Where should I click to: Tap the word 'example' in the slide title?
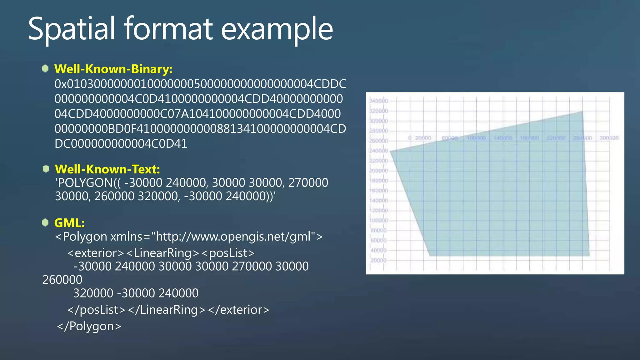(277, 29)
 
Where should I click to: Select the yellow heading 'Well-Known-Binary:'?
(113, 69)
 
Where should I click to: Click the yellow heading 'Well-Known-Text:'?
(107, 169)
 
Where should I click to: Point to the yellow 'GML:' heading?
(69, 223)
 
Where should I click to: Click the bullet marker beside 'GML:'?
(45, 222)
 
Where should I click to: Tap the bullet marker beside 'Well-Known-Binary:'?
(45, 68)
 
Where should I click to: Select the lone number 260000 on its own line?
(62, 280)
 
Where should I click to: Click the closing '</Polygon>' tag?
(89, 326)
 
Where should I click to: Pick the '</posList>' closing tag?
(96, 310)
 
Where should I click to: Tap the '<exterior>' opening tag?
(96, 253)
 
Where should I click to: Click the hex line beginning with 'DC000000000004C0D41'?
(121, 144)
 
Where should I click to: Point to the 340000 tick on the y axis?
(379, 101)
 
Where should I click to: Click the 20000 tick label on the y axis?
(379, 260)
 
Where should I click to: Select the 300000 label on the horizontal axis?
(609, 138)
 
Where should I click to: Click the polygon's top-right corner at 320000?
(583, 111)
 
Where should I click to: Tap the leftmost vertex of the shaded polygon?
(391, 151)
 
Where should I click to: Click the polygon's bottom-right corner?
(589, 256)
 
